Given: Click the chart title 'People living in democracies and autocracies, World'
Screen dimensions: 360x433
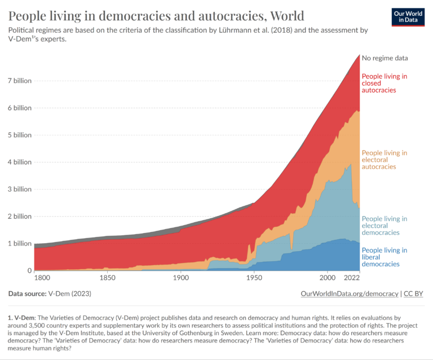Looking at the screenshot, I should click(x=157, y=15).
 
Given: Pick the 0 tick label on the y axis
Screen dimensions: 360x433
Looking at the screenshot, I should click(x=28, y=270).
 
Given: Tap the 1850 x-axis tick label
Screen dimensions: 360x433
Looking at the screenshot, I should click(x=107, y=279).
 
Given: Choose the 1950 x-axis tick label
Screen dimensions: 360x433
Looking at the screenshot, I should click(x=254, y=279).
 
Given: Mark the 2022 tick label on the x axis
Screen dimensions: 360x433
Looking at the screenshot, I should click(x=351, y=279).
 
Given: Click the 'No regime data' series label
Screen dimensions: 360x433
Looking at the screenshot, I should click(x=385, y=58).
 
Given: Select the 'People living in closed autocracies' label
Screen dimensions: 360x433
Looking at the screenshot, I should click(x=385, y=83).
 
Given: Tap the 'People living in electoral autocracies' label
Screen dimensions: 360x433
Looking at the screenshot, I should click(x=385, y=160).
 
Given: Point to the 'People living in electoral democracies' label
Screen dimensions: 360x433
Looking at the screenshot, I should click(x=385, y=226).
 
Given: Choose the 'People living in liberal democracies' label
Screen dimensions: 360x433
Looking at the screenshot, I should click(x=385, y=257).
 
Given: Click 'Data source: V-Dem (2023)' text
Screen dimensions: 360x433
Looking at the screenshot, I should click(x=50, y=294).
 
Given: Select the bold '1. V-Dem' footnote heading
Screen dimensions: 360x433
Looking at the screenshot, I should click(x=21, y=319).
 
